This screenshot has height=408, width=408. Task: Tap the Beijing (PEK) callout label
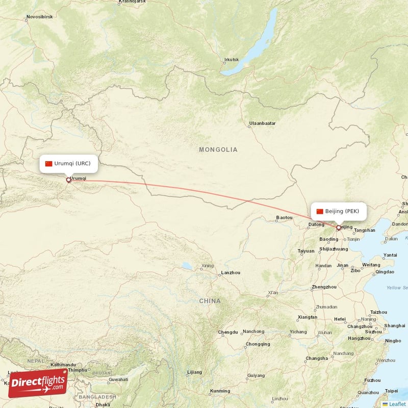click(339, 211)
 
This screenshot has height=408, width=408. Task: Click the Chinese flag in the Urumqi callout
click(49, 164)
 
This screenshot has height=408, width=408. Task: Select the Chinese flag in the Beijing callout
click(320, 211)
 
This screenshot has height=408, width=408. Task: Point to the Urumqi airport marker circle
click(68, 180)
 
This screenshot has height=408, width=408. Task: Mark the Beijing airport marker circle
click(338, 227)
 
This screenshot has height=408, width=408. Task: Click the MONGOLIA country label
click(218, 149)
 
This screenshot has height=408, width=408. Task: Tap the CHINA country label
click(210, 301)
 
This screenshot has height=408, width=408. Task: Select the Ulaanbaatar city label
click(262, 123)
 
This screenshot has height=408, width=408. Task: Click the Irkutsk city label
click(231, 60)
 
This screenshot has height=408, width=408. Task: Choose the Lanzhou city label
click(230, 273)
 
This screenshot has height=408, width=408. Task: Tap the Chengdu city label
click(227, 332)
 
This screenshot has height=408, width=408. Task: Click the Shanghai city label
click(395, 325)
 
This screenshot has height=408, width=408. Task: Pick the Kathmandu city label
click(63, 365)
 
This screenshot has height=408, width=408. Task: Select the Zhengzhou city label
click(324, 287)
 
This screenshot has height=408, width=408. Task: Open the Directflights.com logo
click(38, 383)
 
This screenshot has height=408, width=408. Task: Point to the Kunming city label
click(220, 391)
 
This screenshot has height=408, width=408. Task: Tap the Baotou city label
click(284, 218)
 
